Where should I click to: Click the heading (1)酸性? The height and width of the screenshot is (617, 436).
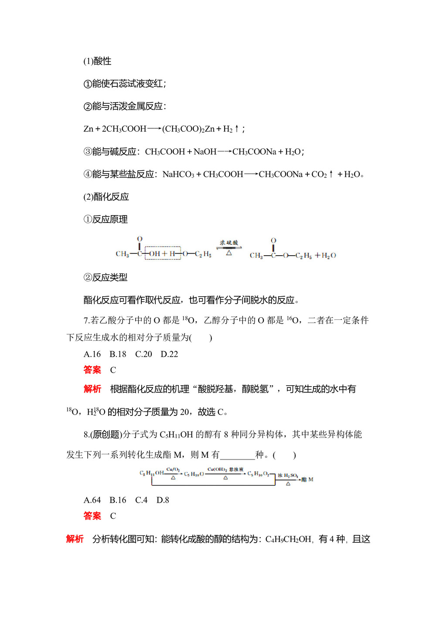click(97, 61)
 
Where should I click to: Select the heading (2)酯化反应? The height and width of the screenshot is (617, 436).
click(106, 197)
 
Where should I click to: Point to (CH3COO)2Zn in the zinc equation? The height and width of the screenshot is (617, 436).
click(188, 129)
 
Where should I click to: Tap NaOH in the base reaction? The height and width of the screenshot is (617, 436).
click(205, 151)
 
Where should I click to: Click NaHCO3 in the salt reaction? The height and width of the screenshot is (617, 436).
click(178, 174)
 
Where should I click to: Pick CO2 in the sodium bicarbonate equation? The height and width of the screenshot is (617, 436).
click(319, 174)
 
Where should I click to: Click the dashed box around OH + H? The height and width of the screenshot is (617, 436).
click(163, 253)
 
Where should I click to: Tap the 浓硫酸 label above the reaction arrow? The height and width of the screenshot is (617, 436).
click(228, 243)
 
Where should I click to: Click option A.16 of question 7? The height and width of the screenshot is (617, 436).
click(92, 354)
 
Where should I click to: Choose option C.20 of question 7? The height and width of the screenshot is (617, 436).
click(143, 354)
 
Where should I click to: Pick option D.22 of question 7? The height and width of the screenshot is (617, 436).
click(169, 354)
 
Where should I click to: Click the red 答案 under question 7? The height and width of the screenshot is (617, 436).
click(92, 370)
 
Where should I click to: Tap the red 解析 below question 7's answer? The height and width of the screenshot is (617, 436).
click(92, 389)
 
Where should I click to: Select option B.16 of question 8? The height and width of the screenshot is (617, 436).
click(118, 500)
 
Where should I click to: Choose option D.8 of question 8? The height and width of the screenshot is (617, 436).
click(163, 500)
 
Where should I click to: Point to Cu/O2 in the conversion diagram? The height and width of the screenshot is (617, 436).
click(173, 470)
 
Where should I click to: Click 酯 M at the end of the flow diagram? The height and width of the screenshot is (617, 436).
click(307, 479)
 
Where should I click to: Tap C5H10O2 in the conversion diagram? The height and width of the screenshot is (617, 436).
click(258, 473)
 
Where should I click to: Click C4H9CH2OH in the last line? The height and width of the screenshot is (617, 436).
click(288, 539)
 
